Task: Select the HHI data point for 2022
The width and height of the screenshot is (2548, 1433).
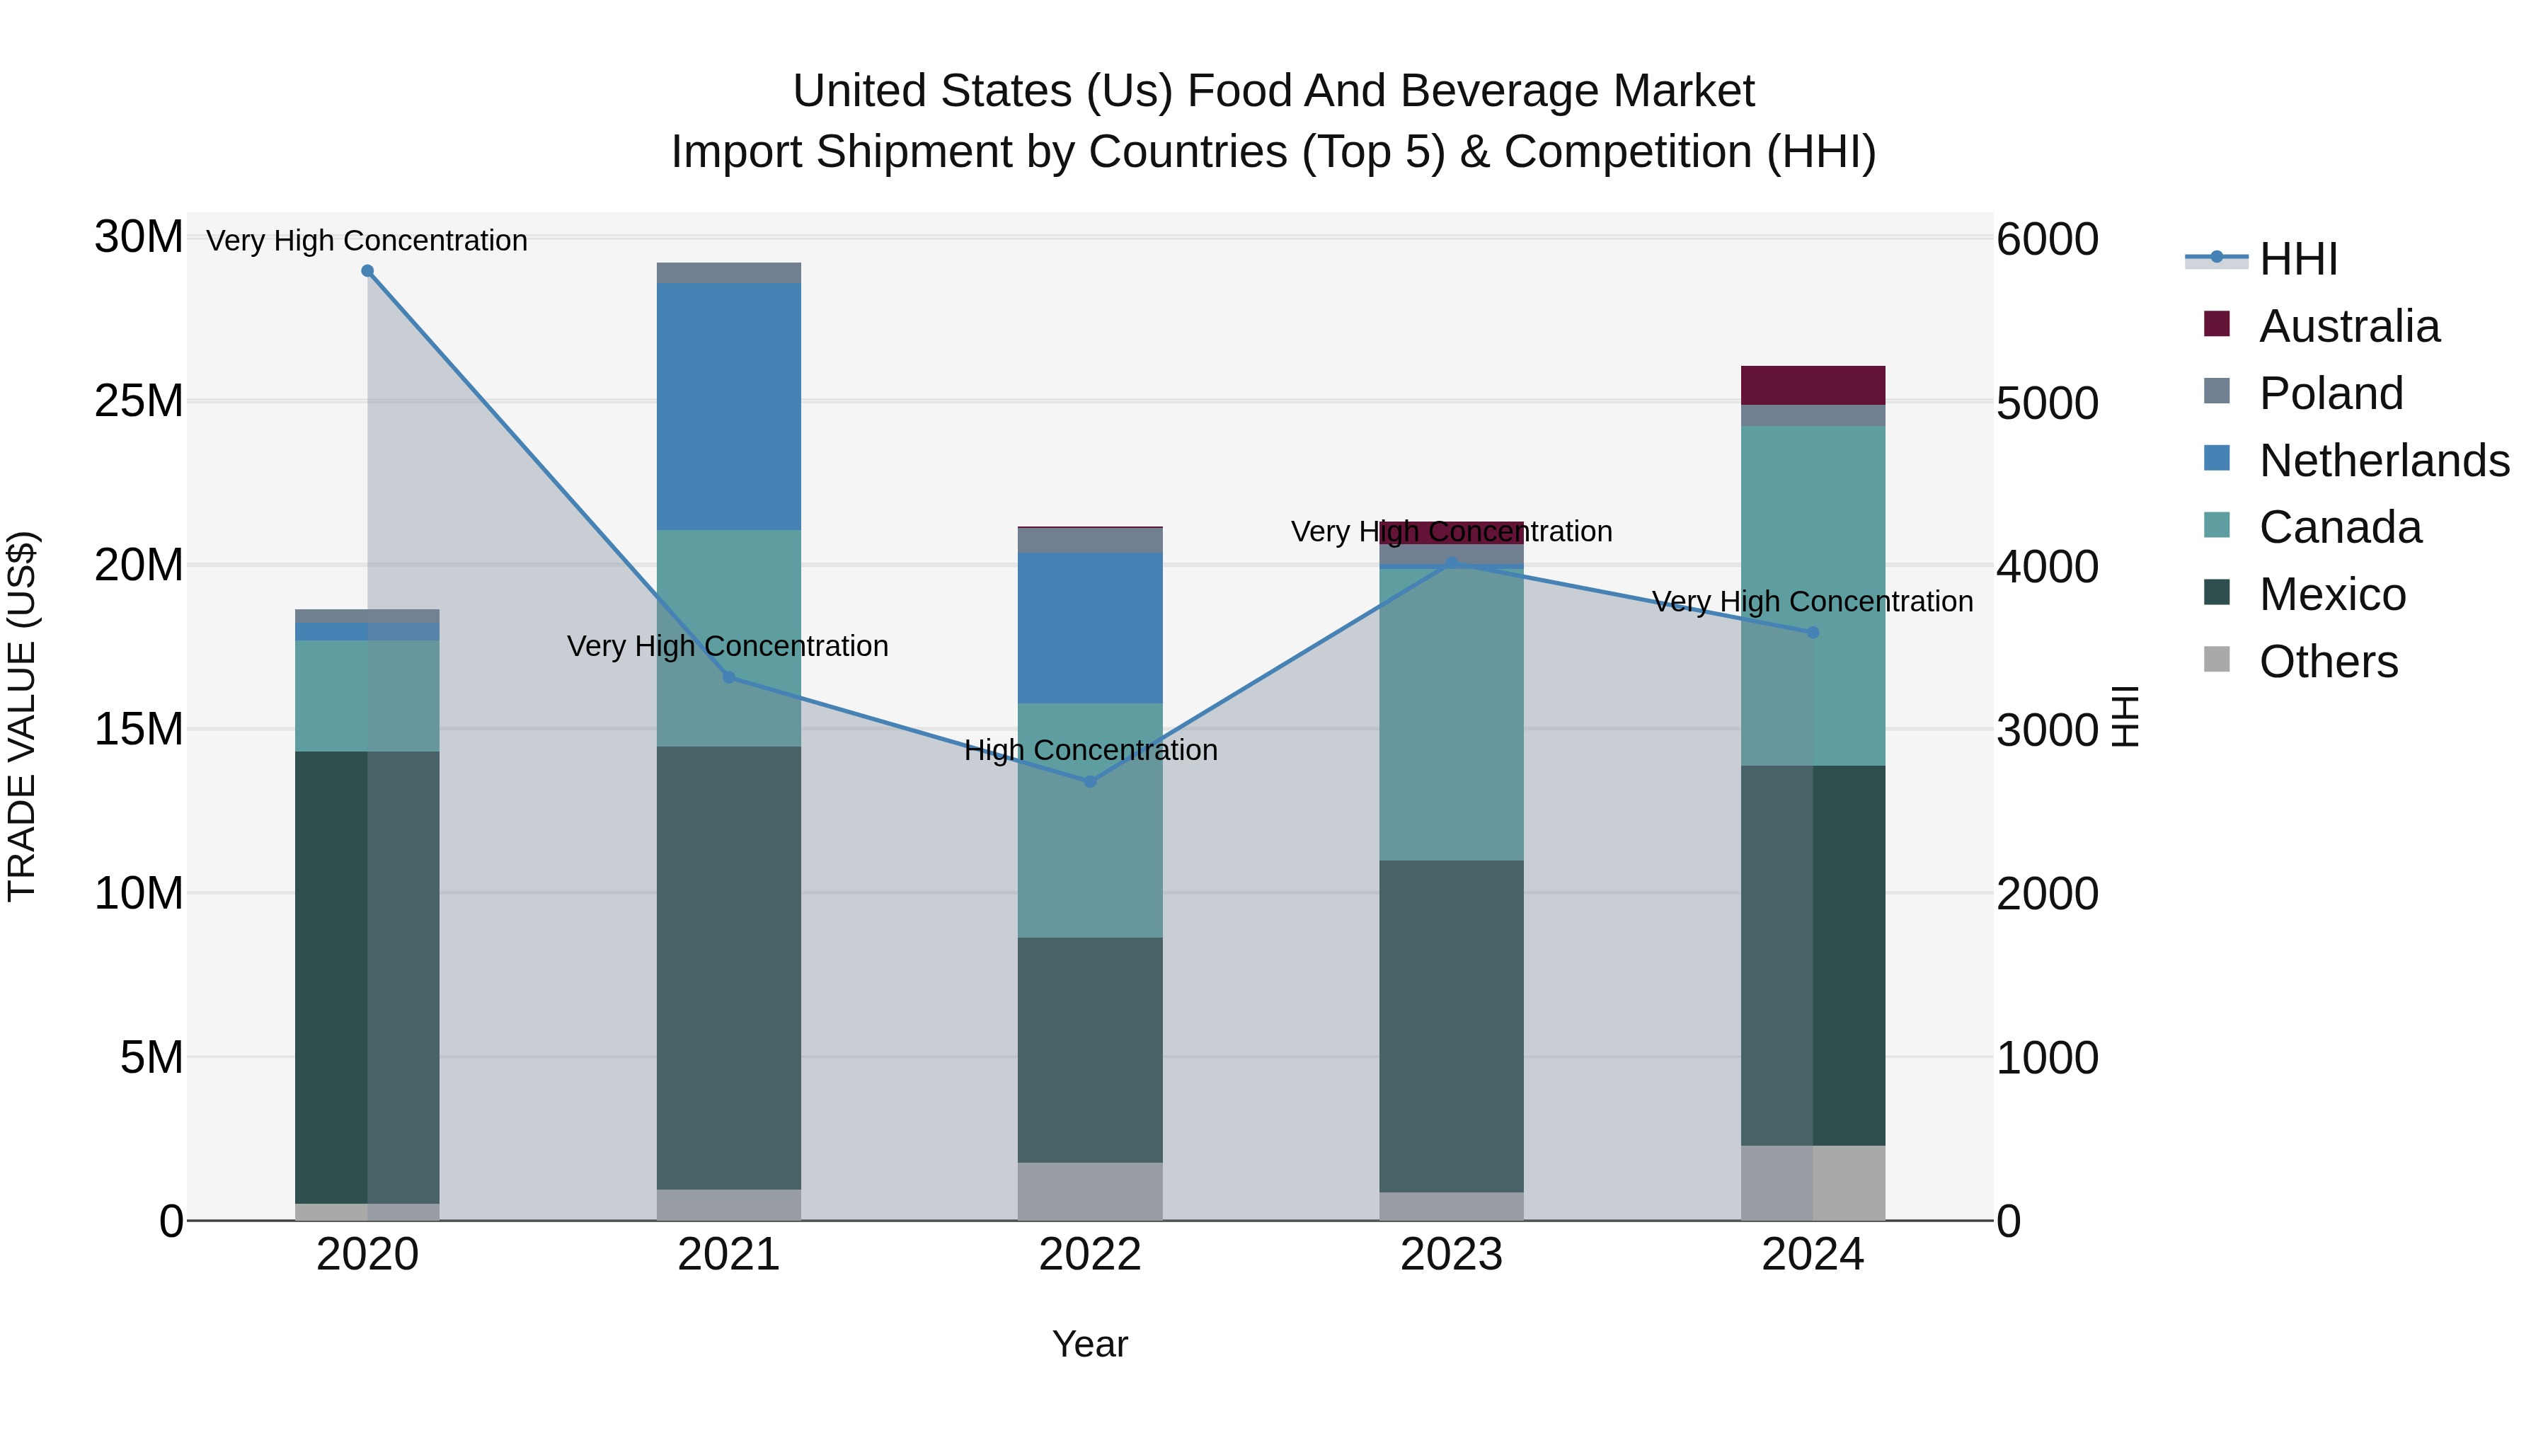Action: coord(1090,781)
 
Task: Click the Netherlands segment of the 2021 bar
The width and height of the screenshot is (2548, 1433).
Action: coord(729,405)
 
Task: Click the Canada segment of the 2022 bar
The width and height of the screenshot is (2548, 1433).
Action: coord(1090,820)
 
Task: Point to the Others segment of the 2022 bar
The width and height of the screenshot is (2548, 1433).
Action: coord(1090,1191)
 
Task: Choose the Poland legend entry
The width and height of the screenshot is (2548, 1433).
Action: coord(2331,393)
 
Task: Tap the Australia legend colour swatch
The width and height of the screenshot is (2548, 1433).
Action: coord(2217,324)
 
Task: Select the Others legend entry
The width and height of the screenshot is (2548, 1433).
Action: coord(2329,662)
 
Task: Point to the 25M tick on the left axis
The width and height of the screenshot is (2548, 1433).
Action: coord(139,401)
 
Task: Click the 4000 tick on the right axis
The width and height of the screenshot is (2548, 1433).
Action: coord(2046,567)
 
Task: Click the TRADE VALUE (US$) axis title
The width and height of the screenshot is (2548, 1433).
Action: coord(22,716)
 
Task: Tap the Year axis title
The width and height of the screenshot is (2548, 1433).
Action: coord(1090,1344)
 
